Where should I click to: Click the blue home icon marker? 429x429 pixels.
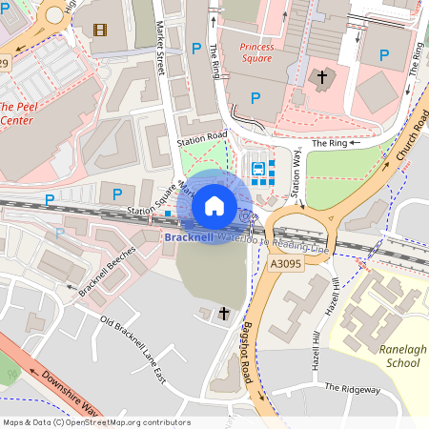coord(214,205)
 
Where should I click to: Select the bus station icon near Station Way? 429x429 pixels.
coord(258,169)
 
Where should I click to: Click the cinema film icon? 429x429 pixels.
coord(100,29)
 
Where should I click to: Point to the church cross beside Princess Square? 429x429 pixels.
coord(322,76)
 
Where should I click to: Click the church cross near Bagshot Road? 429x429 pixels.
coord(225,313)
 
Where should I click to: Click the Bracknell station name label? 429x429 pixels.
coord(190,236)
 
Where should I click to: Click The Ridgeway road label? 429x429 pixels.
coord(352,388)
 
